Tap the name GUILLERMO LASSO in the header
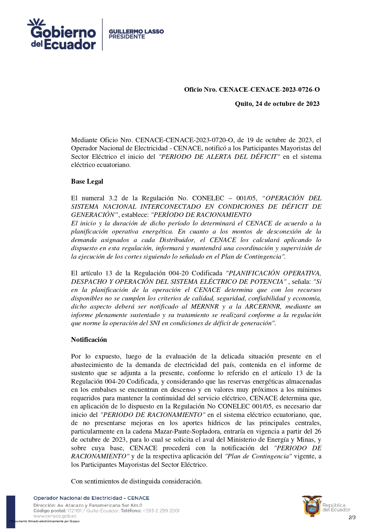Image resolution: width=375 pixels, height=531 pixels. [x=136, y=31]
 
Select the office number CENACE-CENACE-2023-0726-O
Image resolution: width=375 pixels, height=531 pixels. [x=269, y=90]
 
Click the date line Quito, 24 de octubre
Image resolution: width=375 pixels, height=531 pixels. [x=277, y=104]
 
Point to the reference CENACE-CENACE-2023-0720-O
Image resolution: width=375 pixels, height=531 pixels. [x=184, y=140]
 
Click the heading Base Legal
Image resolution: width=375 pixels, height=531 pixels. [x=87, y=182]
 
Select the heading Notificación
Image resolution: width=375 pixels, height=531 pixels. [x=89, y=340]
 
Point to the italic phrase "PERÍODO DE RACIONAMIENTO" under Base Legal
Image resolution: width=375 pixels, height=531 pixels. [x=201, y=215]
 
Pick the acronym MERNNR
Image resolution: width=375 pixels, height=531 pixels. [x=205, y=306]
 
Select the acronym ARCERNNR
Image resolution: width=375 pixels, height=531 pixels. [x=262, y=306]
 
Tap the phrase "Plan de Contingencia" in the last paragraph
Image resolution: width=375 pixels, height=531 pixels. [x=259, y=456]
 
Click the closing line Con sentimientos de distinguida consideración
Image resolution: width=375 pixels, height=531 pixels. [x=136, y=481]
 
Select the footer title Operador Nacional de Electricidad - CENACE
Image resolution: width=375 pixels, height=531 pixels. [x=91, y=498]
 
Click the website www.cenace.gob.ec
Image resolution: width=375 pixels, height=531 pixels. [x=55, y=516]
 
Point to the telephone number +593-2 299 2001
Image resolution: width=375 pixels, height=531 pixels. [x=161, y=511]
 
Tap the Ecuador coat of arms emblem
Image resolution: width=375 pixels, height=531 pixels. [x=311, y=506]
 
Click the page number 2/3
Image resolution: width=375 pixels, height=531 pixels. [x=352, y=517]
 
